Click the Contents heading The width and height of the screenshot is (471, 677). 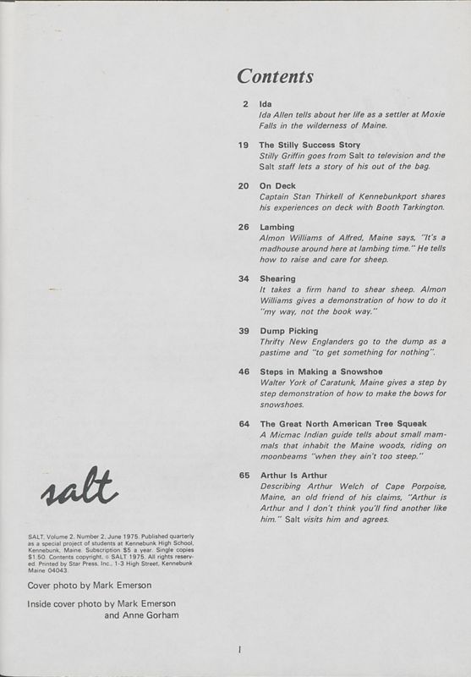(275, 77)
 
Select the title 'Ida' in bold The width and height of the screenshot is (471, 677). (265, 104)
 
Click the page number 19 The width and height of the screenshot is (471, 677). (244, 145)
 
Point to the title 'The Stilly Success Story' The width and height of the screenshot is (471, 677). (309, 145)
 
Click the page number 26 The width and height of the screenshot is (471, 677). (244, 227)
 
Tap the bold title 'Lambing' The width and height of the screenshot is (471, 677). (277, 227)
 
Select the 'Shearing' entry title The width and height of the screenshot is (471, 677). (277, 278)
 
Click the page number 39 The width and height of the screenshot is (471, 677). (244, 330)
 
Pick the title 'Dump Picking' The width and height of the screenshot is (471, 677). (288, 330)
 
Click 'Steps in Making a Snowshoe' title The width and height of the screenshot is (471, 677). (320, 372)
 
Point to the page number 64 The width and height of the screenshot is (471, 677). (244, 423)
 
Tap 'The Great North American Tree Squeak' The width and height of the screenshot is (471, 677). (342, 423)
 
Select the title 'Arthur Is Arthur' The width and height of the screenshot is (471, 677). (293, 476)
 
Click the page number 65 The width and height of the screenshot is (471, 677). (244, 476)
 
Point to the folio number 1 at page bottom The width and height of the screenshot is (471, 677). (240, 650)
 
